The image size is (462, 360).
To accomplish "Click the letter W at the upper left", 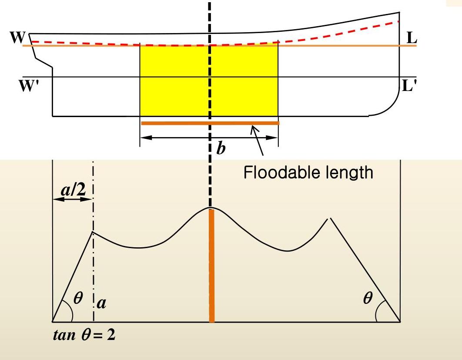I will [x=17, y=37].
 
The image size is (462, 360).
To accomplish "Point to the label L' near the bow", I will [x=409, y=86].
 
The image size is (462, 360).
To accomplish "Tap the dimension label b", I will [x=221, y=149].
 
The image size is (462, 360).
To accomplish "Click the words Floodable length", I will [x=308, y=173].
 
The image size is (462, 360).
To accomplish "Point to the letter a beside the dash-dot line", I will [x=102, y=302].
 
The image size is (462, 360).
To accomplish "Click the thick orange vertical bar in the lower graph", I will [x=212, y=266].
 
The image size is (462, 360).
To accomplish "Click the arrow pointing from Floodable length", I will [x=258, y=140].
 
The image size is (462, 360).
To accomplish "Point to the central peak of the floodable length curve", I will [x=211, y=209].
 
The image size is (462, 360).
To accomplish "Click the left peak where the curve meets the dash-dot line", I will [x=93, y=232].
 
